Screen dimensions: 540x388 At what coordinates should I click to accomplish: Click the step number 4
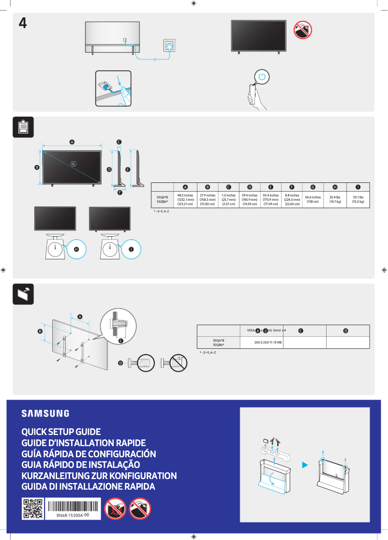(x=22, y=23)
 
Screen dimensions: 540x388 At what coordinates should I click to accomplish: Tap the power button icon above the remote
(x=262, y=77)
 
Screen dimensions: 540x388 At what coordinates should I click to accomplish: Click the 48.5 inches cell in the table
(x=186, y=200)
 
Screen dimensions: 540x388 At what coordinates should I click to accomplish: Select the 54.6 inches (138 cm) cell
(x=313, y=200)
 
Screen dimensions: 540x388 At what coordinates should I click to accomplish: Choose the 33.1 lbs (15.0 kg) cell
(x=358, y=200)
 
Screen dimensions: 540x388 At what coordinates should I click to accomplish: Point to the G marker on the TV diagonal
(x=74, y=164)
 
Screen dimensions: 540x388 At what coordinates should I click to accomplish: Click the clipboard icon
(x=23, y=127)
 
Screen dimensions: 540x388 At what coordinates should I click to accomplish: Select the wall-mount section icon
(x=23, y=294)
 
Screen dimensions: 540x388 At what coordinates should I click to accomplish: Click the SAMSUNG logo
(x=45, y=413)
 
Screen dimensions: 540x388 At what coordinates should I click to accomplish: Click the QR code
(x=33, y=509)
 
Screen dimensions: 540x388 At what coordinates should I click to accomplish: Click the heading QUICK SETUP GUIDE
(x=61, y=432)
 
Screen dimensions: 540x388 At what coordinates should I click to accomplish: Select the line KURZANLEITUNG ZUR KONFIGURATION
(x=99, y=476)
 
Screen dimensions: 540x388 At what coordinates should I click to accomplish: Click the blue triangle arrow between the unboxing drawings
(x=304, y=465)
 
